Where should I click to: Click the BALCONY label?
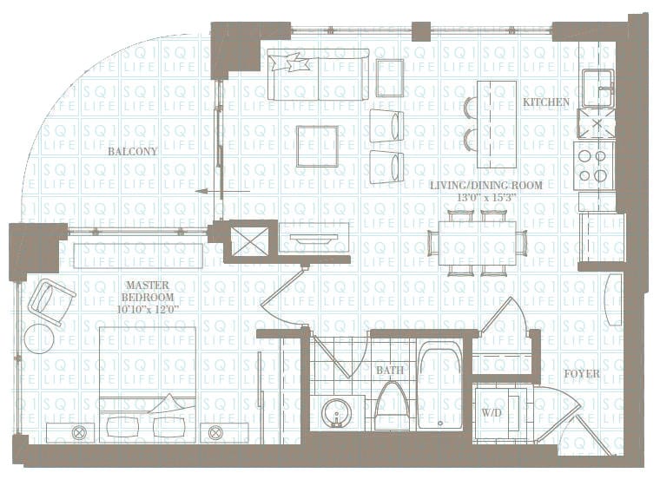click(133, 151)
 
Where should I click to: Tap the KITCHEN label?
click(546, 102)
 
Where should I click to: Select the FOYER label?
click(581, 374)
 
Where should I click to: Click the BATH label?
click(390, 371)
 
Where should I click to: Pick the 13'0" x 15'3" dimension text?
click(486, 198)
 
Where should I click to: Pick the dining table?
click(477, 243)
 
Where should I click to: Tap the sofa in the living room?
click(318, 76)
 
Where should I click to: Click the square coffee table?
click(317, 146)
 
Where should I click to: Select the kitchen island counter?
click(497, 124)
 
